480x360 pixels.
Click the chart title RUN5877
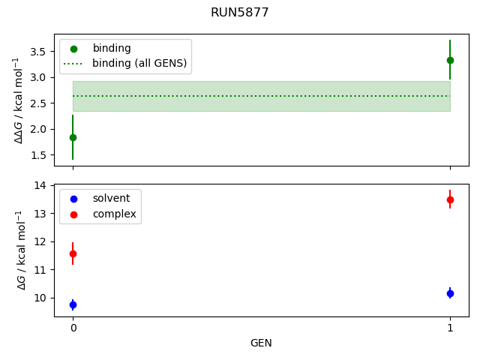coord(240,13)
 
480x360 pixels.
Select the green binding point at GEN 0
coord(73,137)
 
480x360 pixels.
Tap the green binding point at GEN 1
coord(450,60)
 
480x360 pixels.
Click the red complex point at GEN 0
coord(73,254)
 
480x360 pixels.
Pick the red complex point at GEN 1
coord(450,199)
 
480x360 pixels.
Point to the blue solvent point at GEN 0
coord(73,304)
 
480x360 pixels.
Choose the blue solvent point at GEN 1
coord(450,293)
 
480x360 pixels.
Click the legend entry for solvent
coord(111,199)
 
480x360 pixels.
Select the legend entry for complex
coord(114,214)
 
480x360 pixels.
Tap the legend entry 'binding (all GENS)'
coord(139,63)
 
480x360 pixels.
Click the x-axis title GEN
coord(261,343)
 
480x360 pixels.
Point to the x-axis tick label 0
coord(73,328)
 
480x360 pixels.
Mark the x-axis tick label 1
coord(450,328)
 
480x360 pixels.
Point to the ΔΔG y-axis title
coord(20,100)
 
